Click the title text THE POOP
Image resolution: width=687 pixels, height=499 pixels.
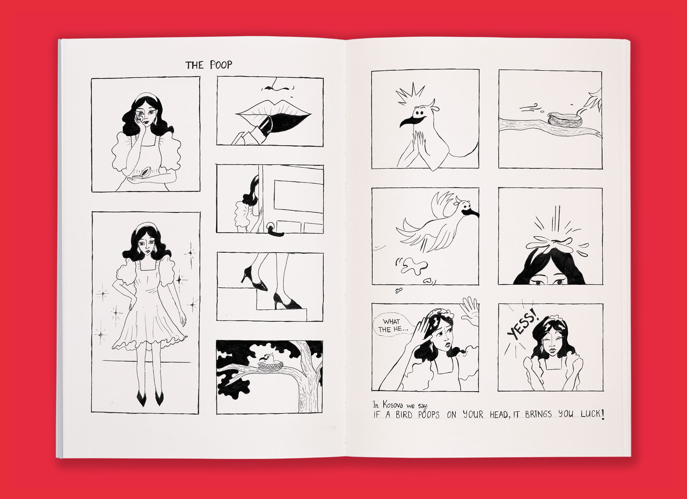pyautogui.click(x=209, y=65)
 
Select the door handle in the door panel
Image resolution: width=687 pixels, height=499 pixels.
pyautogui.click(x=275, y=230)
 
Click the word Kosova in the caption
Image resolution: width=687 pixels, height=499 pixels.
pyautogui.click(x=394, y=405)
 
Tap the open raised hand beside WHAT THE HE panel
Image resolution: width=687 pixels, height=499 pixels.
pyautogui.click(x=469, y=310)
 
